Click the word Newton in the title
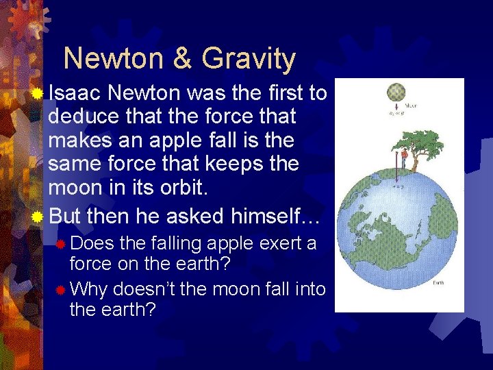coord(114,59)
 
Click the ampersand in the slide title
coord(183,59)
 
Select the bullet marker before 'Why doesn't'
coord(60,289)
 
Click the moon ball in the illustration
coord(396,92)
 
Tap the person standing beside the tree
coord(405,159)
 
